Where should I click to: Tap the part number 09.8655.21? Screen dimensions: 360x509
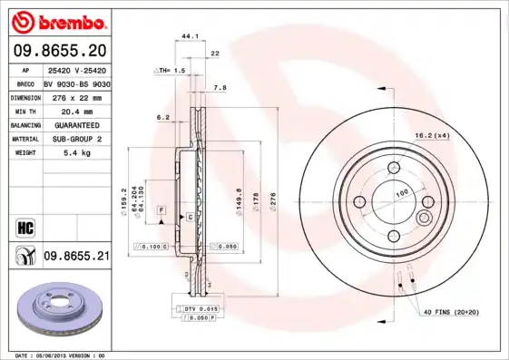click(75, 257)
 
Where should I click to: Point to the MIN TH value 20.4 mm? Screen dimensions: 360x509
click(76, 110)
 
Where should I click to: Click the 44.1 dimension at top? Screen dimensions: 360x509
click(190, 36)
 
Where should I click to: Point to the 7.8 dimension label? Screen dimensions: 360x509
click(219, 88)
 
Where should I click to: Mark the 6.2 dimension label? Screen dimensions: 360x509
click(163, 117)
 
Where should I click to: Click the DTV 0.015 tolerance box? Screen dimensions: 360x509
click(197, 310)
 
